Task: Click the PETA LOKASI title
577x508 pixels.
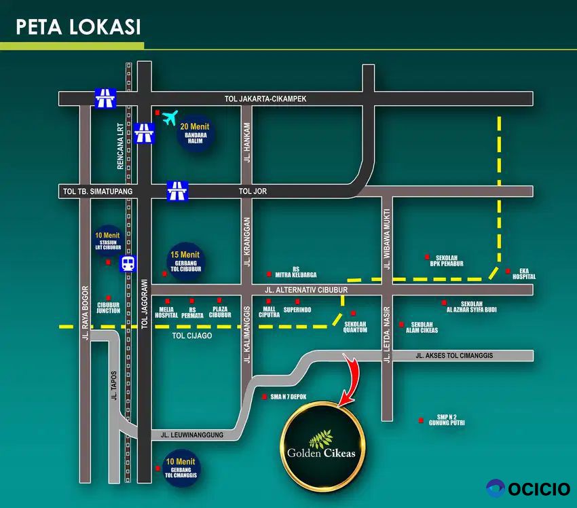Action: [x=78, y=26]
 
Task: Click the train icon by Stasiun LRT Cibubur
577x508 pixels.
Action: [x=128, y=264]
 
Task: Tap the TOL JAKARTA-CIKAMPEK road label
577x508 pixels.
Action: [x=265, y=98]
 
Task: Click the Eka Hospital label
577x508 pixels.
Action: [x=523, y=273]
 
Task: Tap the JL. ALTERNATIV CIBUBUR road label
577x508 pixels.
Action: [x=306, y=290]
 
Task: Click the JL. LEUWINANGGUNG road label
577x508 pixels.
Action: [x=192, y=435]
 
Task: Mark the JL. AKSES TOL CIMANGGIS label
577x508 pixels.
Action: [x=453, y=355]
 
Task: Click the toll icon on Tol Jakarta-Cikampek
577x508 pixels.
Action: [x=105, y=99]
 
